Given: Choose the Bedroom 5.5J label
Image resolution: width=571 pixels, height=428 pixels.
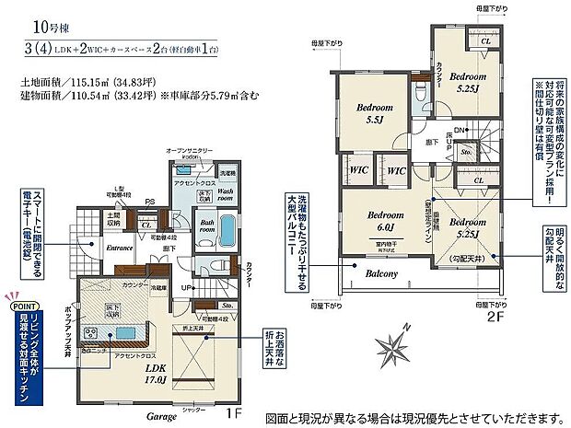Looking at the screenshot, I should coord(375,114).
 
